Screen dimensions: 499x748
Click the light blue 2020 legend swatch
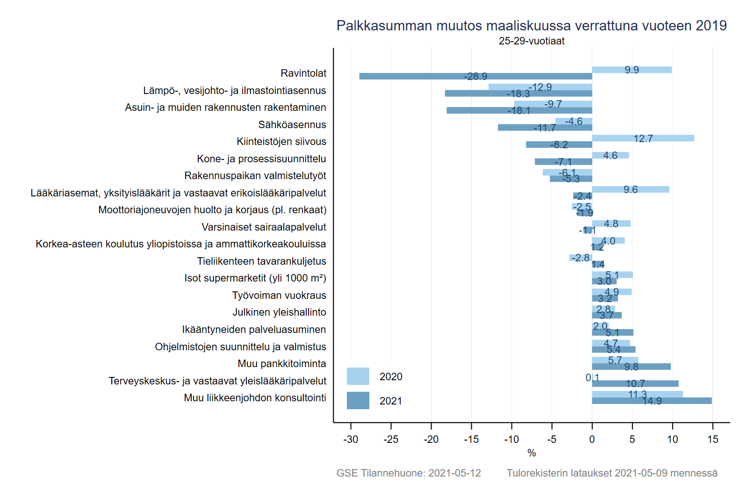[x=358, y=376]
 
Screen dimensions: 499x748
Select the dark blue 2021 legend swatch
[x=358, y=401]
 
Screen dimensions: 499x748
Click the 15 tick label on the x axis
[x=712, y=439]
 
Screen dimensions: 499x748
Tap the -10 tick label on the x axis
[x=511, y=439]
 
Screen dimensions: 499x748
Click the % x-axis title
[x=532, y=453]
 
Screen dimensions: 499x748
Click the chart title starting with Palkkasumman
[x=532, y=26]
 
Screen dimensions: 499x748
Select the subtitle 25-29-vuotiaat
[x=532, y=41]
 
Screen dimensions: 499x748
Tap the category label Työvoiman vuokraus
[x=279, y=296]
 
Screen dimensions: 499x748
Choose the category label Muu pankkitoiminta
[x=282, y=364]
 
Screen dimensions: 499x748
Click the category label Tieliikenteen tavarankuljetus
[x=261, y=261]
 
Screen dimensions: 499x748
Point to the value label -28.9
[x=475, y=76]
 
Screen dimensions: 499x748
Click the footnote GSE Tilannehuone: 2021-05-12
[x=409, y=473]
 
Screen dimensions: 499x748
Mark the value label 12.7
[x=643, y=138]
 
